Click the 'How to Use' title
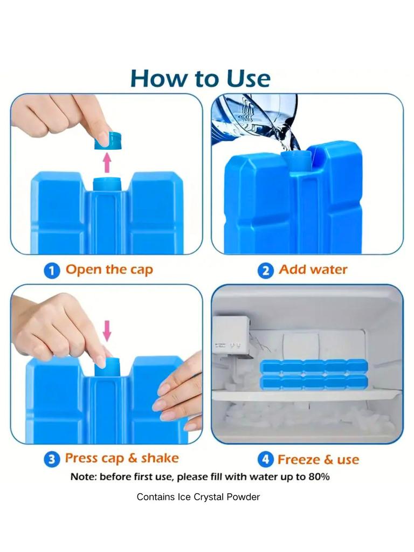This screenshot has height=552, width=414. click(200, 78)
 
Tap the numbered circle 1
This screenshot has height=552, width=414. click(51, 270)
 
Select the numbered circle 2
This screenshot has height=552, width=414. click(265, 270)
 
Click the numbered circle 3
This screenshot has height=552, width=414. click(51, 459)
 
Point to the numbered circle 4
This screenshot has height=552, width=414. click(265, 459)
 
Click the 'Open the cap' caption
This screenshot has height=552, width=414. click(109, 270)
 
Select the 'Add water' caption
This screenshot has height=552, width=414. click(313, 270)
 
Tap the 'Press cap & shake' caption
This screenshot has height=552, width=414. click(121, 459)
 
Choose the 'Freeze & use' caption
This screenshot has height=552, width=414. click(318, 460)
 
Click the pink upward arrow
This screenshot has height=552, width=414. click(107, 162)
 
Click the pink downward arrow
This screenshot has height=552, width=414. click(107, 330)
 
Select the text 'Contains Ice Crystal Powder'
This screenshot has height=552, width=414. click(198, 497)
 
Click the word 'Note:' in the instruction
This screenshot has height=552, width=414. click(84, 477)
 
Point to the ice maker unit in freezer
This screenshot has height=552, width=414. click(232, 335)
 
